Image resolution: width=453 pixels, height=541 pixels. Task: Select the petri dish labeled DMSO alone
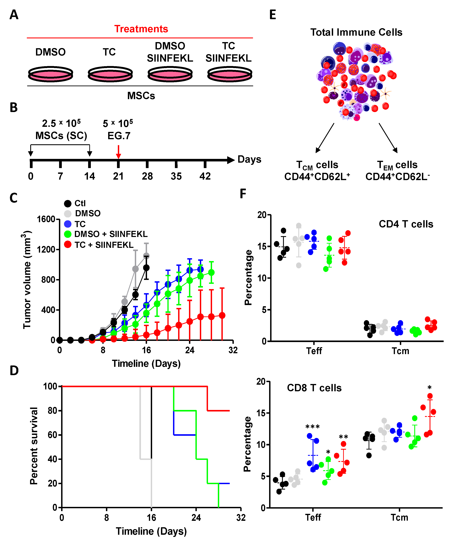click(50, 74)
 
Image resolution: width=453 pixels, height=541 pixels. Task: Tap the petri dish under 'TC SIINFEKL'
click(230, 74)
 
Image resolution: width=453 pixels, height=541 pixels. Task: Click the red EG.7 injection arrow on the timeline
click(118, 152)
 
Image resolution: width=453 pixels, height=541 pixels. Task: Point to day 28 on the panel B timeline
click(147, 176)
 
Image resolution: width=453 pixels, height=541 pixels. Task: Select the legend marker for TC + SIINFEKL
click(68, 244)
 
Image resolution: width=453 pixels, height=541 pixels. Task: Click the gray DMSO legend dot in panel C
click(68, 214)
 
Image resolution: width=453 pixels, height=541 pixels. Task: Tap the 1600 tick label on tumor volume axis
click(46, 219)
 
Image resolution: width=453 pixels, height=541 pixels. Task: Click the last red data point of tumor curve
click(222, 315)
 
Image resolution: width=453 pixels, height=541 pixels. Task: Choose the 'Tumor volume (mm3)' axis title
click(27, 280)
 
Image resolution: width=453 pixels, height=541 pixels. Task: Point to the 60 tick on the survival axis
click(52, 435)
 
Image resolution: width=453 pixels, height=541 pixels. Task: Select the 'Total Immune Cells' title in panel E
click(356, 32)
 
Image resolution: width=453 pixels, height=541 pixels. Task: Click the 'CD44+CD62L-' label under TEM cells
click(397, 177)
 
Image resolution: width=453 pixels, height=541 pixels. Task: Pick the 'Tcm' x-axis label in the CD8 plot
click(399, 517)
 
